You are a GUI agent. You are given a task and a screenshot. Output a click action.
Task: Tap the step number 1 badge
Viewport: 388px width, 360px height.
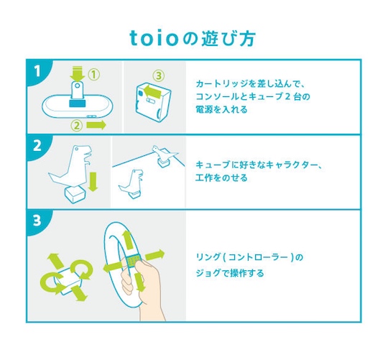[37, 71]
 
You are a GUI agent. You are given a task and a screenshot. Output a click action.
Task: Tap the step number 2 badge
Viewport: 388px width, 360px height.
[37, 146]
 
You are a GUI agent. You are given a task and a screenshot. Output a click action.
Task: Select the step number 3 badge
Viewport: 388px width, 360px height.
[37, 220]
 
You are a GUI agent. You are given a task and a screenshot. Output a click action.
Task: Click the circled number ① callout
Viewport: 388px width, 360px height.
[94, 74]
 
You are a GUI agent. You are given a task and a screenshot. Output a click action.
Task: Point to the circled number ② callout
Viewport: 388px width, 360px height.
[77, 126]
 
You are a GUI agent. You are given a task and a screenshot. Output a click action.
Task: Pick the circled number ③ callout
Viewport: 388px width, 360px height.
[158, 75]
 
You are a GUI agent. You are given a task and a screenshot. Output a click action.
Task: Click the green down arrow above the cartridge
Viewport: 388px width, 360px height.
[77, 73]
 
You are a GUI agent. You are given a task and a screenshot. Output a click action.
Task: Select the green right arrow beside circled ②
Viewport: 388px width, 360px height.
[96, 125]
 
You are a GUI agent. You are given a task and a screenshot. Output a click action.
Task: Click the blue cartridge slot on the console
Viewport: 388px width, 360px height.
[77, 103]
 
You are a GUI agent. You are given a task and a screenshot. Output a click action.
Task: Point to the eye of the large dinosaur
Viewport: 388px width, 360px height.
[77, 149]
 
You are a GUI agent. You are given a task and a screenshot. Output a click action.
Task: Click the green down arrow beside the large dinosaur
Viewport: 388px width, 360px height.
[93, 182]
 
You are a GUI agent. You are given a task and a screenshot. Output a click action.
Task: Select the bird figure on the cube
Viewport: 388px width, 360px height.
[164, 152]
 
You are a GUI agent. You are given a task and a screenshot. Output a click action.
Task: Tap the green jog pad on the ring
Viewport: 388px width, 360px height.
[133, 259]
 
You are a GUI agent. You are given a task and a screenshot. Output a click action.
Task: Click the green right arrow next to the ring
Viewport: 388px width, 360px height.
[155, 255]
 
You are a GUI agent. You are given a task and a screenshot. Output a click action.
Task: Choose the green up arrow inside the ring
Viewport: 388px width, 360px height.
[128, 241]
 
